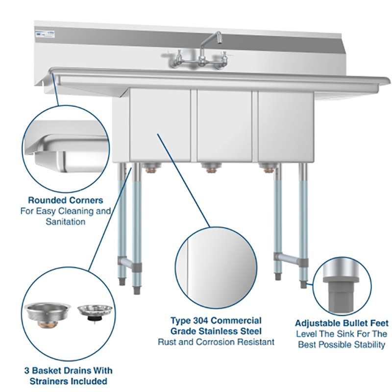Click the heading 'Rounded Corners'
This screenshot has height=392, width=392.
click(65, 200)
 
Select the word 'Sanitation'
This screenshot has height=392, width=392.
click(65, 221)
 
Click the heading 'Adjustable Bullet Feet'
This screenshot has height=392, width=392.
click(342, 323)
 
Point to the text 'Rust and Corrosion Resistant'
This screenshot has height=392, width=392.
click(216, 342)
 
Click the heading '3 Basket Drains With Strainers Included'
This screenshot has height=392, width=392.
click(66, 375)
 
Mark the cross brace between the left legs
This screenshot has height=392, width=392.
click(128, 264)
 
